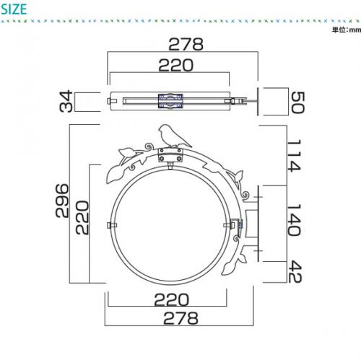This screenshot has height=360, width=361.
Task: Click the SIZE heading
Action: pyautogui.click(x=14, y=9)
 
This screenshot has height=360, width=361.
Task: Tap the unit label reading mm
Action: pyautogui.click(x=355, y=30)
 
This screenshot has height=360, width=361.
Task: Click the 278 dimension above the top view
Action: pyautogui.click(x=186, y=44)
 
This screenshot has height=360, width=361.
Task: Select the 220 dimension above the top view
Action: pyautogui.click(x=176, y=65)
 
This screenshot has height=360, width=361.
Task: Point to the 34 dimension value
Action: pyautogui.click(x=66, y=101)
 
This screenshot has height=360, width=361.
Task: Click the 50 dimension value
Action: pyautogui.click(x=298, y=102)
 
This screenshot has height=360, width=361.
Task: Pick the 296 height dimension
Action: pyautogui.click(x=62, y=201)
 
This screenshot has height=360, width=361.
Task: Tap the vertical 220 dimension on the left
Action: pyautogui.click(x=82, y=218)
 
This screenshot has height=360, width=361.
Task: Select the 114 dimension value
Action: pyautogui.click(x=294, y=155)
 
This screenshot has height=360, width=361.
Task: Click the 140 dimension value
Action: pyautogui.click(x=294, y=220)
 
